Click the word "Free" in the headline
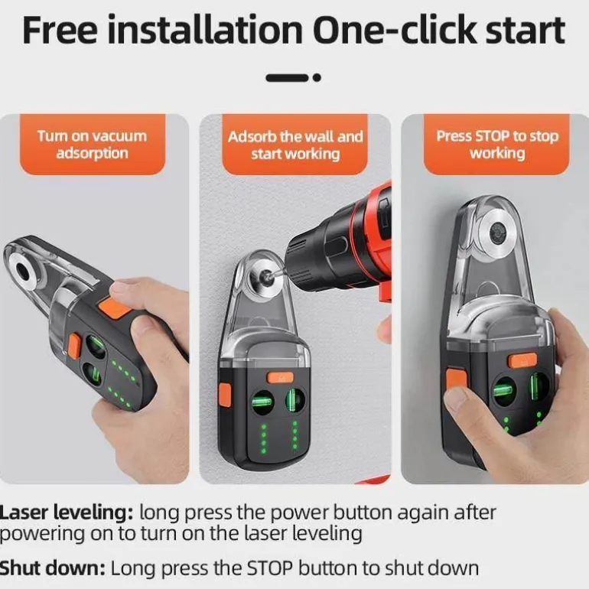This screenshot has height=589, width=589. pos(60,30)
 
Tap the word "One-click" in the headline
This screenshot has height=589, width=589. pos(395,30)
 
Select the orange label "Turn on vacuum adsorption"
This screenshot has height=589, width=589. pos(93,145)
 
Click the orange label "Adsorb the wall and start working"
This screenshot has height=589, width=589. pos(295,145)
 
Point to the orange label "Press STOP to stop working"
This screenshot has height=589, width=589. pos(497,145)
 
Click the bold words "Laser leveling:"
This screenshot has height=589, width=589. pos(67,513)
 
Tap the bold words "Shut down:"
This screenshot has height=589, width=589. pos(53,568)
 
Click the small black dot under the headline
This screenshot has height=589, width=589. pos(317,78)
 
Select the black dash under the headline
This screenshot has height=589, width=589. pos(288,78)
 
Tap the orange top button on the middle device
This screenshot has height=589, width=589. pos(280,378)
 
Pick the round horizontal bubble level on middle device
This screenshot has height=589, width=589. pos(262,402)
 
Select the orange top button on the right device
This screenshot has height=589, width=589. pos(522,360)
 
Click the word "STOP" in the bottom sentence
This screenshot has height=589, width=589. pos(269,568)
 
